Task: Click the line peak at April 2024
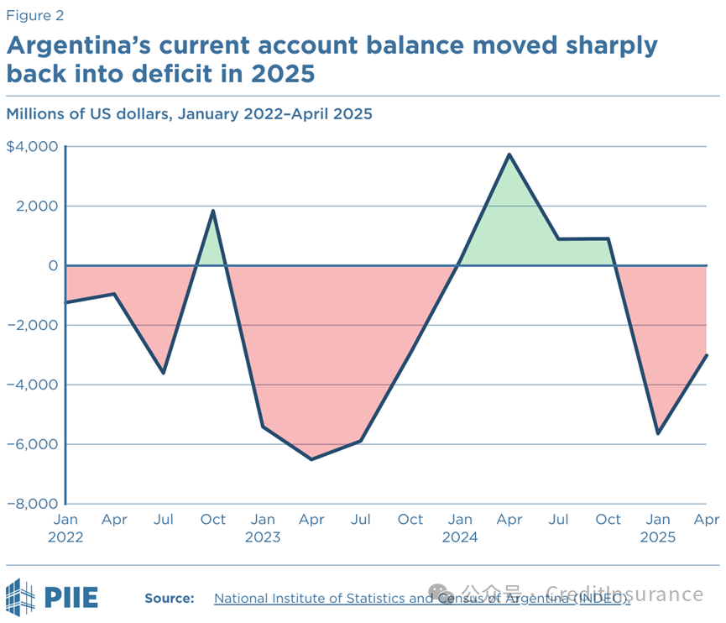[509, 154]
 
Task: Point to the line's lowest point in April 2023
[311, 459]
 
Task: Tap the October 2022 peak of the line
[213, 211]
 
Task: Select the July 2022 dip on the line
[164, 373]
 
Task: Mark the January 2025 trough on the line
[658, 433]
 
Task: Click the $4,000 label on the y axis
[32, 147]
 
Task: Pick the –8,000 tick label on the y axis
[32, 504]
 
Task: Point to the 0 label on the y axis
[53, 265]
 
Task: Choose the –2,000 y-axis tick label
[32, 325]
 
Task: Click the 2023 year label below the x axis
[263, 537]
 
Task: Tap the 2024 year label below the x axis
[460, 537]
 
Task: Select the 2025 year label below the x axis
[658, 537]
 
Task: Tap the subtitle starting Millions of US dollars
[189, 112]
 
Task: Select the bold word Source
[170, 598]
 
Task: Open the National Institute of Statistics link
[420, 598]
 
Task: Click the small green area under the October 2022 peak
[212, 248]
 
